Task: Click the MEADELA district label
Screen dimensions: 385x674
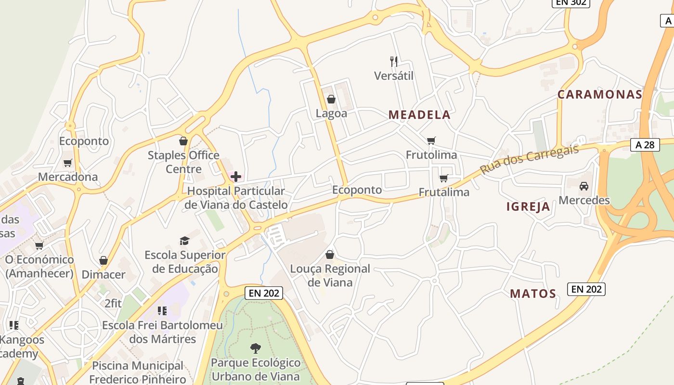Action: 419,115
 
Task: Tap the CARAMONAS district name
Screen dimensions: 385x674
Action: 600,94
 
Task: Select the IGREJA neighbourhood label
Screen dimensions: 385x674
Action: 528,206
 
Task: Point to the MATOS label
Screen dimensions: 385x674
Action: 533,294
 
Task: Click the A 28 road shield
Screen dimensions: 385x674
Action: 645,144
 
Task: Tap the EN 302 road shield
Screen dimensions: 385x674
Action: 570,2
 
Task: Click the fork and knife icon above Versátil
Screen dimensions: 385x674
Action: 394,61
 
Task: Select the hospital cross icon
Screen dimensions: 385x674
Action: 236,177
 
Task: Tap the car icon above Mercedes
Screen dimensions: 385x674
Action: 584,186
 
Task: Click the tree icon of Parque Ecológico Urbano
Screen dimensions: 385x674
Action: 256,348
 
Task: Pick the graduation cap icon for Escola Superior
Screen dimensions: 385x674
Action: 185,240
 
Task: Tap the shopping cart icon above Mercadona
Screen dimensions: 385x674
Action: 68,163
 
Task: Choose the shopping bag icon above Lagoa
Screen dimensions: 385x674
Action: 331,99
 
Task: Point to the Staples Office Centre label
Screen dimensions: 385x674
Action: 183,162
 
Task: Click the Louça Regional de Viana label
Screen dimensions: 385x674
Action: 330,275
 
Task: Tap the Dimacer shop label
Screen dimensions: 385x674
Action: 104,274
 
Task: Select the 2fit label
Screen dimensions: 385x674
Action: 113,304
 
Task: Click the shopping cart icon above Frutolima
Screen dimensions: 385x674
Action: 431,141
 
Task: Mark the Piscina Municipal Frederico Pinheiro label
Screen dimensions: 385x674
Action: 138,372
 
